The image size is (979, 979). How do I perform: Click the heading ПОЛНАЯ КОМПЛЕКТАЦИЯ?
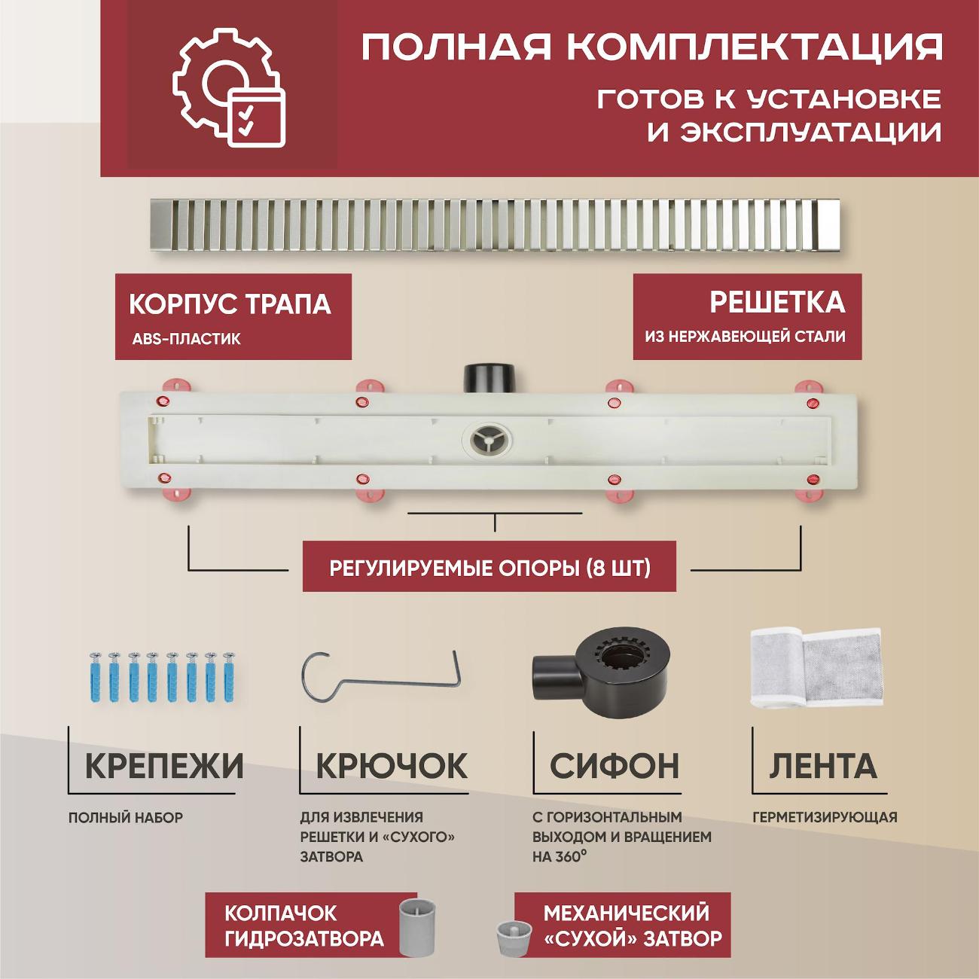tap(651, 46)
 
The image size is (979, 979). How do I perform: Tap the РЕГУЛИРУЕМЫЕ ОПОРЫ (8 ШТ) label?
tap(489, 567)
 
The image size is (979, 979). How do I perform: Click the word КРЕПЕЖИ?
tap(164, 766)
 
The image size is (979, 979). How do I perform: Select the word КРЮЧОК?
tap(392, 766)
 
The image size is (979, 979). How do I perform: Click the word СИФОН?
tap(615, 766)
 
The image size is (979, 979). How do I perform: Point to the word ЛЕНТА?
tap(823, 766)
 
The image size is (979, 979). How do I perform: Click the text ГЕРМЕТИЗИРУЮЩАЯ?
tap(825, 817)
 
